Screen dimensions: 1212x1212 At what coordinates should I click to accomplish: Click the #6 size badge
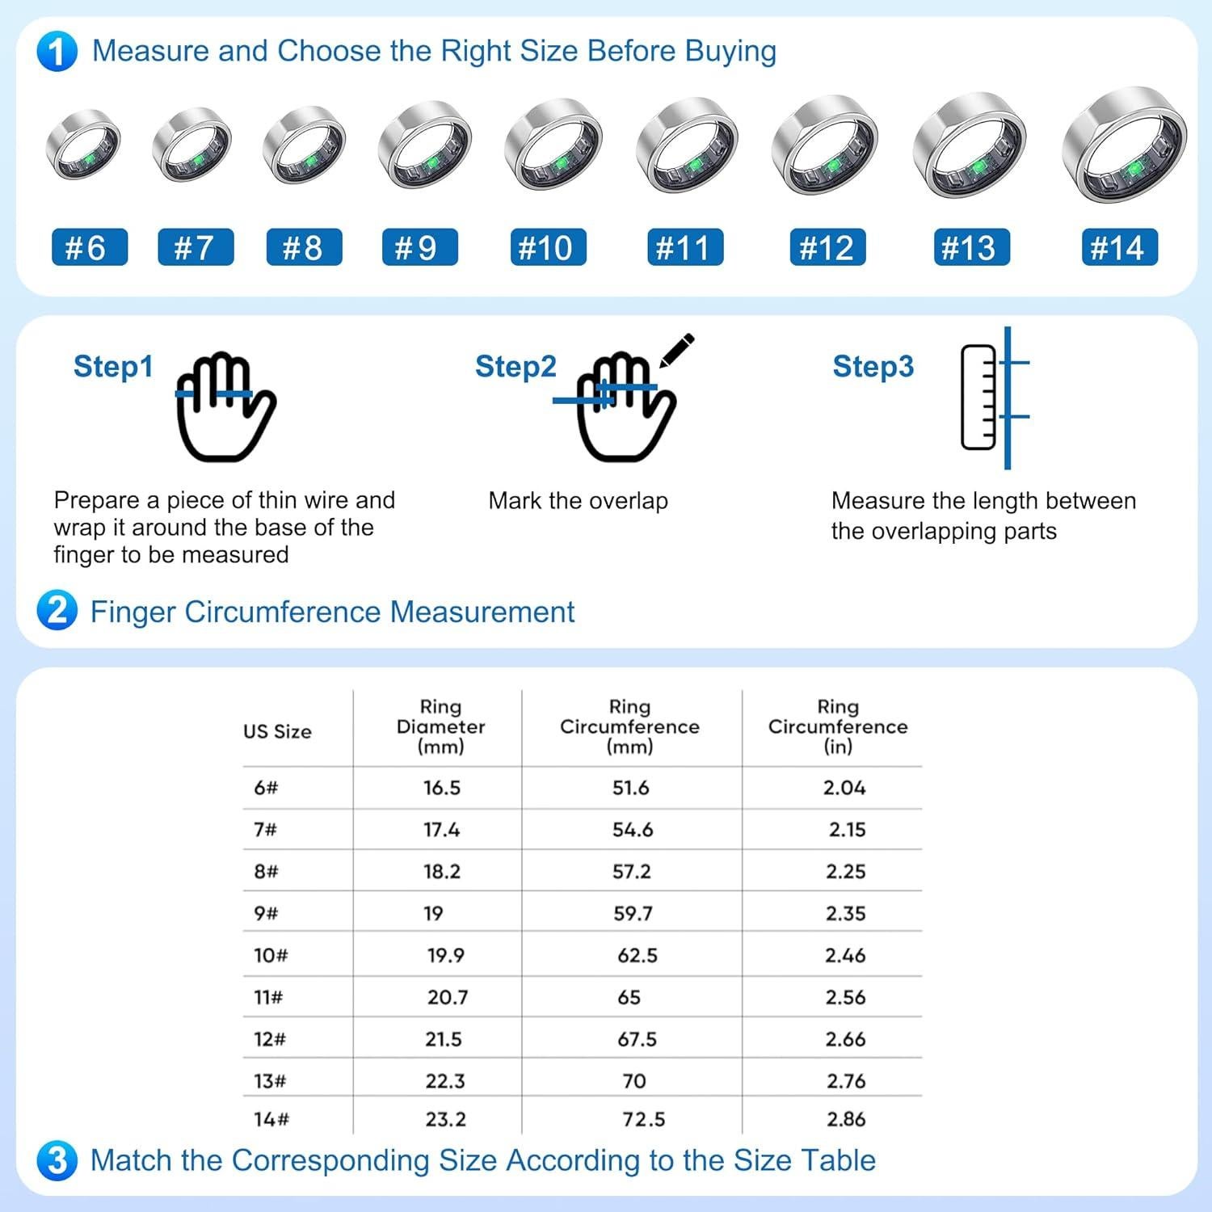click(x=89, y=247)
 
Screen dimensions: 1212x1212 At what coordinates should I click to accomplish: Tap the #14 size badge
click(x=1119, y=247)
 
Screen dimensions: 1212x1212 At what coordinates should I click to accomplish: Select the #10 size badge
click(x=548, y=247)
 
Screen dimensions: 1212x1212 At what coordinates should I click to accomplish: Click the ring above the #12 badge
click(x=824, y=145)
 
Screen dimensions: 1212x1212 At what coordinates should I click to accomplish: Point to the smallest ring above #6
click(x=84, y=145)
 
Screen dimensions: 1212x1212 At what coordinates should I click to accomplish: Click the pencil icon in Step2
click(x=676, y=350)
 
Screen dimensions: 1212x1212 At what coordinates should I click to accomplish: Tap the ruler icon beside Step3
click(x=978, y=397)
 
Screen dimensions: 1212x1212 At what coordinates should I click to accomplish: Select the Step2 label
click(x=516, y=366)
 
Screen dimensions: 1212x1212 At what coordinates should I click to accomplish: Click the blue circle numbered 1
click(x=57, y=52)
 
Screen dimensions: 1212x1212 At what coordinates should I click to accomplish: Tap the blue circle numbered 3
click(x=57, y=1160)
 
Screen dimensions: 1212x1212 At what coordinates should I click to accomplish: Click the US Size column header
click(x=277, y=731)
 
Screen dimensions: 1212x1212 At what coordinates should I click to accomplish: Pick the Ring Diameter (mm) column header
click(x=440, y=726)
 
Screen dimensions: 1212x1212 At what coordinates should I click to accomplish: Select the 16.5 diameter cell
click(x=442, y=788)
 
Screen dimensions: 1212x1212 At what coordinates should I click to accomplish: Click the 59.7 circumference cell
click(x=633, y=914)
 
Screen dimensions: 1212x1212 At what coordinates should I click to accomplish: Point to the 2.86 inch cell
click(x=846, y=1119)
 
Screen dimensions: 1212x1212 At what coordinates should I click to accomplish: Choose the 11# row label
click(x=268, y=997)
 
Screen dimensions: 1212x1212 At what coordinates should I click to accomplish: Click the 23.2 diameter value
click(x=446, y=1119)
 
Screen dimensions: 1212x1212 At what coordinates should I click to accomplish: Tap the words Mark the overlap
click(x=579, y=501)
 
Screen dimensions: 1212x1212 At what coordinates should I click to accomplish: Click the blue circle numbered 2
click(x=57, y=611)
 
